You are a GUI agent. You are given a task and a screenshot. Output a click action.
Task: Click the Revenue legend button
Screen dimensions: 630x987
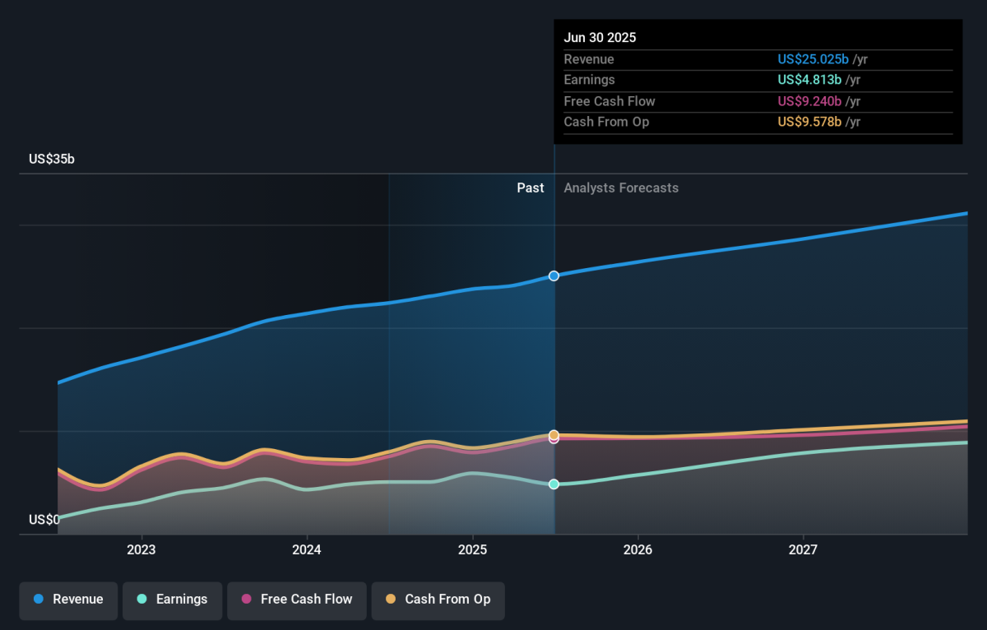coord(68,600)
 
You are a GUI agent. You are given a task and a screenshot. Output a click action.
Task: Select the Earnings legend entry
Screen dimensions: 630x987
coord(172,600)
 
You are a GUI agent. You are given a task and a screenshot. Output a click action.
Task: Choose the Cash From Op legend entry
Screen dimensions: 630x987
coord(438,600)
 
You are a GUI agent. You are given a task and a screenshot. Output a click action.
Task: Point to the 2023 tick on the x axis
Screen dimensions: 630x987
coord(141,549)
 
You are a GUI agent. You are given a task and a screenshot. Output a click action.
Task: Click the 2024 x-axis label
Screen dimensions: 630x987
coord(307,549)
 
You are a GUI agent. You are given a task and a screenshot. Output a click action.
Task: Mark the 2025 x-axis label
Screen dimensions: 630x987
coord(472,549)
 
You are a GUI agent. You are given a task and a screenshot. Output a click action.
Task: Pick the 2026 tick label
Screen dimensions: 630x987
coord(637,549)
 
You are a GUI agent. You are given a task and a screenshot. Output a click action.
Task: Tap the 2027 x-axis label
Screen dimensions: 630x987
coord(803,549)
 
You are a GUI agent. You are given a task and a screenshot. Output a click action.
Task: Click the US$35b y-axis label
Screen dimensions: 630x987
coord(52,160)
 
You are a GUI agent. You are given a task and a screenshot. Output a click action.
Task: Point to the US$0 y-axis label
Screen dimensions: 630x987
coord(44,520)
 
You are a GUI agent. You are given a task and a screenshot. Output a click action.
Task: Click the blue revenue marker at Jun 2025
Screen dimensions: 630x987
coord(554,276)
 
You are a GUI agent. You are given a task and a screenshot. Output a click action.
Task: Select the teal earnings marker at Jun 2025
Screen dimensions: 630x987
coord(554,484)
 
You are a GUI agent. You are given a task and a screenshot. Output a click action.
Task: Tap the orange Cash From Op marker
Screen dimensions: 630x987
coord(554,434)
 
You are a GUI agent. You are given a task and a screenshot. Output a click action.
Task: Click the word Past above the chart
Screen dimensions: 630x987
coord(531,188)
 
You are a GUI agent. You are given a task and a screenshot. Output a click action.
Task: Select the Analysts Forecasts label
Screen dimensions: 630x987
coord(621,188)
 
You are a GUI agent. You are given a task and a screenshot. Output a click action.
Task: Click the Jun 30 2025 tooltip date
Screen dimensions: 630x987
coord(600,38)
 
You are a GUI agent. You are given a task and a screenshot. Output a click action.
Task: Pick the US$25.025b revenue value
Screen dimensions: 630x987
coord(813,59)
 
